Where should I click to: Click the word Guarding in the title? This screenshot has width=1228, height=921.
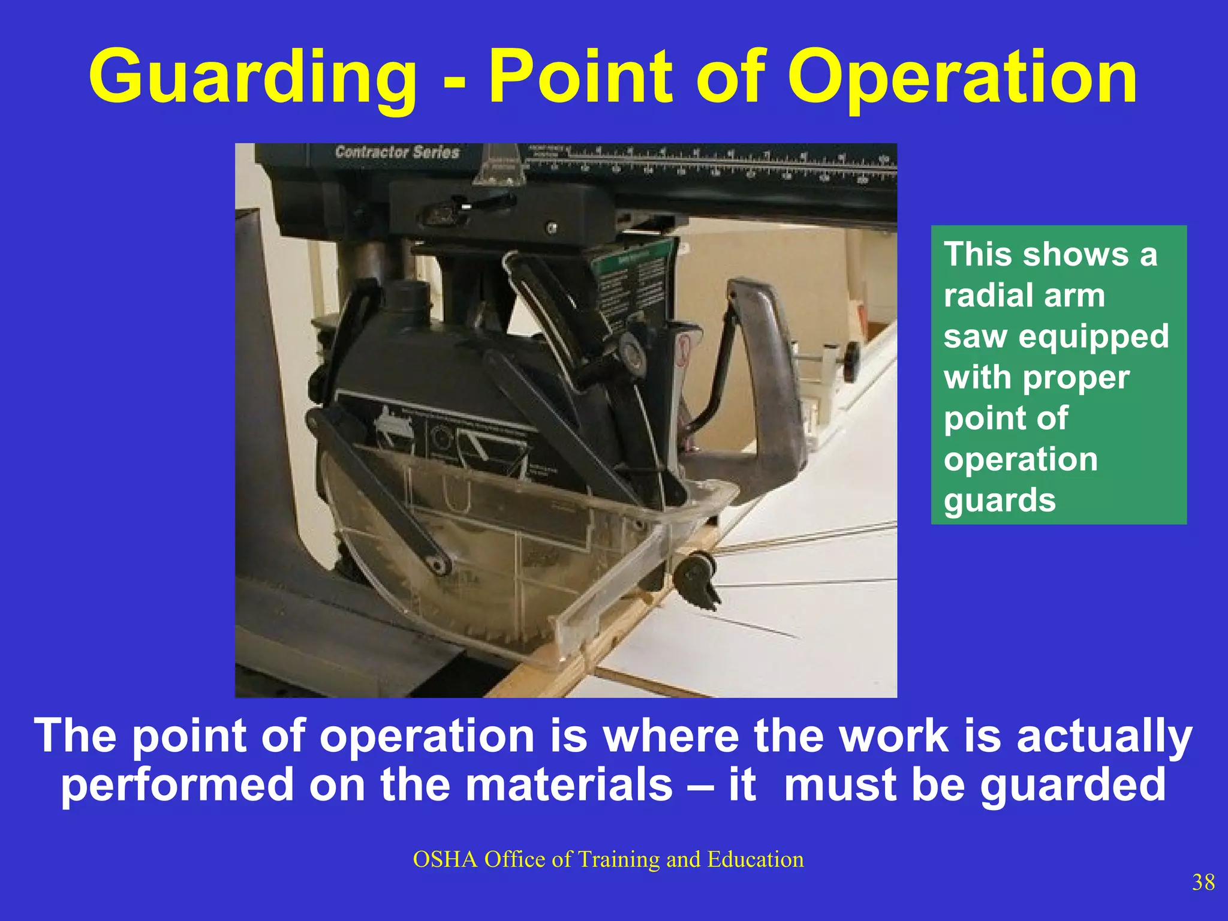252,78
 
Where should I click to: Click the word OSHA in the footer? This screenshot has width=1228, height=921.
445,859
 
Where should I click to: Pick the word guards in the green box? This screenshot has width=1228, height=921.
1000,500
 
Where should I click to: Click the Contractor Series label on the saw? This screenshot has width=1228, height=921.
397,152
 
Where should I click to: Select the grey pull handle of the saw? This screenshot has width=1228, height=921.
773,384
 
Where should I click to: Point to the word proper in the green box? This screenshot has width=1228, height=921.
1076,378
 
